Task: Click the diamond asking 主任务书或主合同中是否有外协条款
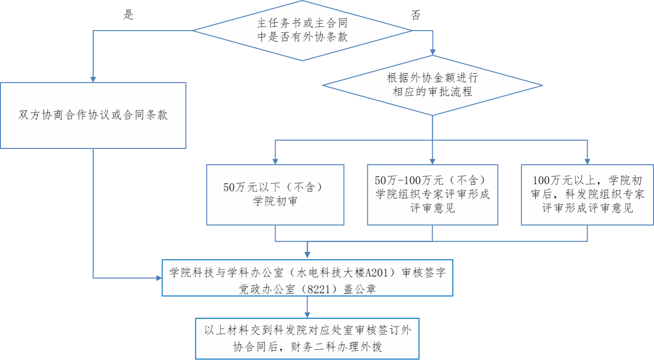click(x=302, y=30)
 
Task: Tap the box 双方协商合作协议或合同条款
click(x=93, y=116)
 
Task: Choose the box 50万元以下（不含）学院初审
click(x=275, y=194)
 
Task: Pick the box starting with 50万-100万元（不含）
click(x=432, y=194)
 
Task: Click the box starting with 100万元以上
click(x=587, y=194)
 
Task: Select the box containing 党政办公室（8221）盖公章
click(x=307, y=277)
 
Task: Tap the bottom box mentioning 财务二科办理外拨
click(x=307, y=338)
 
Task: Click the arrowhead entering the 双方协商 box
click(x=93, y=79)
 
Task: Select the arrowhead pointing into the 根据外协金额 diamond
click(x=433, y=52)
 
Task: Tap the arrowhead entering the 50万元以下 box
click(x=275, y=161)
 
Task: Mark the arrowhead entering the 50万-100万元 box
click(x=432, y=161)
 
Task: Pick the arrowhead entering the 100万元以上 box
click(x=588, y=161)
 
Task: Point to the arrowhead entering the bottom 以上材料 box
click(x=307, y=315)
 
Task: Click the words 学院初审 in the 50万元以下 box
click(x=275, y=202)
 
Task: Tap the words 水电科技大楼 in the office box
click(x=340, y=272)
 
